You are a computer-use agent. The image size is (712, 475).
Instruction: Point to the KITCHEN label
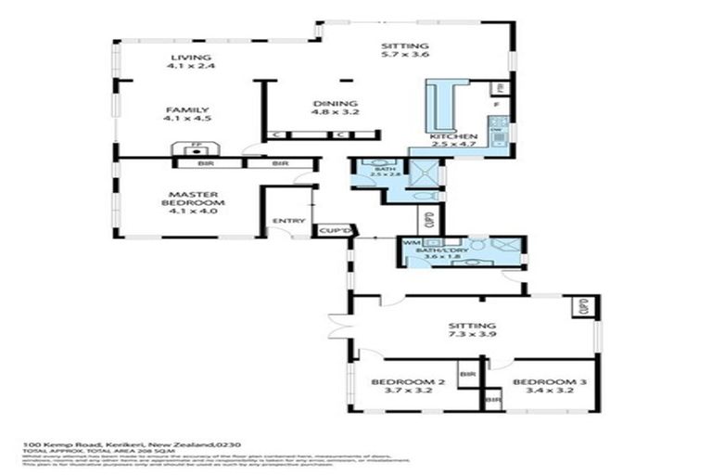453,136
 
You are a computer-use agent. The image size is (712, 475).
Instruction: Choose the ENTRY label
282,221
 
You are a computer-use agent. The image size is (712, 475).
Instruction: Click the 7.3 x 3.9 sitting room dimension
472,336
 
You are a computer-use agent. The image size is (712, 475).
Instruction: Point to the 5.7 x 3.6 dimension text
404,55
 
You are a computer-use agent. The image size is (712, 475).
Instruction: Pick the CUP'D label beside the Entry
331,229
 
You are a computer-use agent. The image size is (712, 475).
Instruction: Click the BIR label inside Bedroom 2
467,373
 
